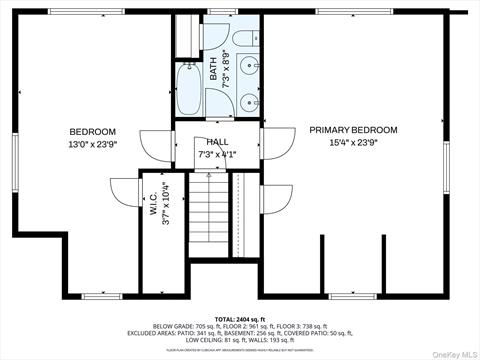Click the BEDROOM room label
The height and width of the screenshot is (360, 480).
[x=92, y=132]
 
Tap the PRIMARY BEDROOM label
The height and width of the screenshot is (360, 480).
[x=353, y=130]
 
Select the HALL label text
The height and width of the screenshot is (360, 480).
[x=217, y=142]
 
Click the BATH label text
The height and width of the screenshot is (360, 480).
[x=214, y=72]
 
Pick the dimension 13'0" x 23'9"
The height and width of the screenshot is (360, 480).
[x=92, y=146]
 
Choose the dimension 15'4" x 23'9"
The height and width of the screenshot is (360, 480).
[x=353, y=144]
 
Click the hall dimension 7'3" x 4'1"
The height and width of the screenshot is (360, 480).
[x=217, y=155]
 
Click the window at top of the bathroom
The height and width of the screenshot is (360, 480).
[x=219, y=12]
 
